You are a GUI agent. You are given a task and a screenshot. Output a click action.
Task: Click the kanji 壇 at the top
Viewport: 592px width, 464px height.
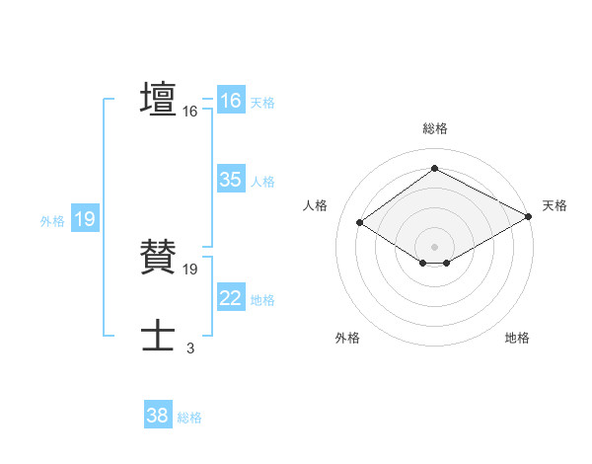tap(159, 100)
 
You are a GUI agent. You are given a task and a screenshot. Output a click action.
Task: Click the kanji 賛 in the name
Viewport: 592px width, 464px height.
tap(159, 257)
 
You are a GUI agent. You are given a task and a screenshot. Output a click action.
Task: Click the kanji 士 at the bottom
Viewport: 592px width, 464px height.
tap(159, 337)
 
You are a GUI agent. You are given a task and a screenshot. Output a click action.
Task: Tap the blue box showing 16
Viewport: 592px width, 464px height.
tap(230, 101)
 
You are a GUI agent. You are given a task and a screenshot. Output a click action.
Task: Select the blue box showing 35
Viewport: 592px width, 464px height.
tap(230, 180)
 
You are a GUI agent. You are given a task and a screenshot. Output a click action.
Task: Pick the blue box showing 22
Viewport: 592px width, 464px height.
tap(230, 298)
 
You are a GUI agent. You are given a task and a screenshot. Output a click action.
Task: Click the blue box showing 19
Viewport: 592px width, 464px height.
tap(85, 219)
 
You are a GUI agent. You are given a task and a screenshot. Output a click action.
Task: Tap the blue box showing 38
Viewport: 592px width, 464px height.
tap(157, 416)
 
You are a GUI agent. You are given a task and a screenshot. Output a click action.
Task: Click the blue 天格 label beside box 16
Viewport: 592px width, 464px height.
tap(261, 102)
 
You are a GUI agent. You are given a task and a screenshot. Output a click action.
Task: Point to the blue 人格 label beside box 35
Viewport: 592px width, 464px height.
tap(262, 181)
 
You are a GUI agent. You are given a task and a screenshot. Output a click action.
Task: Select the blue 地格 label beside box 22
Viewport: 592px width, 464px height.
tap(262, 299)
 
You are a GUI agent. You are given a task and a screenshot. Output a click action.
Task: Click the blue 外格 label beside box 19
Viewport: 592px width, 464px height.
tap(52, 221)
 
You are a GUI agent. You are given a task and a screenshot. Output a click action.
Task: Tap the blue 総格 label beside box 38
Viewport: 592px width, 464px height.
tap(189, 418)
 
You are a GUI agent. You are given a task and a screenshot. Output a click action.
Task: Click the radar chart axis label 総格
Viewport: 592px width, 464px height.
tap(434, 128)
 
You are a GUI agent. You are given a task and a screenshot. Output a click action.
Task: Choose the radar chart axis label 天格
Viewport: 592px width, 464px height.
tap(555, 205)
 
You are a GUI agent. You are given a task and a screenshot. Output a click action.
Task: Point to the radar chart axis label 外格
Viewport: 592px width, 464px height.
tap(347, 338)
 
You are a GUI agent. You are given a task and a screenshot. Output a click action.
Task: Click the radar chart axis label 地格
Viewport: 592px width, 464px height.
tap(517, 338)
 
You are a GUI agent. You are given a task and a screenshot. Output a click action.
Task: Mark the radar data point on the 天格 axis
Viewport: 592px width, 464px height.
tap(528, 216)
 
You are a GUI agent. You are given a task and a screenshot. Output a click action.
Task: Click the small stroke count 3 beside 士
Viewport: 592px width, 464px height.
tap(189, 347)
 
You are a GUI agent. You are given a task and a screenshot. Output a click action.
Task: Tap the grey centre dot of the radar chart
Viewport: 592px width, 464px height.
tap(434, 246)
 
